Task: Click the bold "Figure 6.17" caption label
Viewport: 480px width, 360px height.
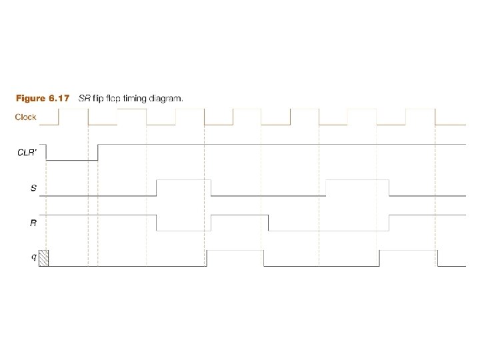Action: click(43, 99)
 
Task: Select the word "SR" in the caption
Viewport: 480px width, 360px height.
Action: click(85, 99)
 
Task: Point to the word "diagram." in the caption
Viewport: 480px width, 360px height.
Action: click(166, 99)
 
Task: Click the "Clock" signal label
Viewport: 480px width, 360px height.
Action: click(26, 117)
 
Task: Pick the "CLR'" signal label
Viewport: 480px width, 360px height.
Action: click(27, 152)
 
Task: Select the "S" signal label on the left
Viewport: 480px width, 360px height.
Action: click(33, 188)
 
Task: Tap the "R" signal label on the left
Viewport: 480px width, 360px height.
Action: click(33, 223)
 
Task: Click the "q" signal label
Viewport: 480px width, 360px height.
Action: click(34, 257)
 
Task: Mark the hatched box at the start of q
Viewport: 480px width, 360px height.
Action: click(44, 258)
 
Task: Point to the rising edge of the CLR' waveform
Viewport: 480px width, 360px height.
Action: click(98, 152)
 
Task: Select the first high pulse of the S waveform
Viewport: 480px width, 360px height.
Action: click(183, 180)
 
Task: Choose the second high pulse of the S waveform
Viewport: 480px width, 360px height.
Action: click(357, 180)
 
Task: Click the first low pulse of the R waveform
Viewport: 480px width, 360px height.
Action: click(183, 230)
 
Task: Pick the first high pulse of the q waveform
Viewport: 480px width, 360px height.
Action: click(235, 251)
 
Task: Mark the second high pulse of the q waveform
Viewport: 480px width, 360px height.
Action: click(408, 251)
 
